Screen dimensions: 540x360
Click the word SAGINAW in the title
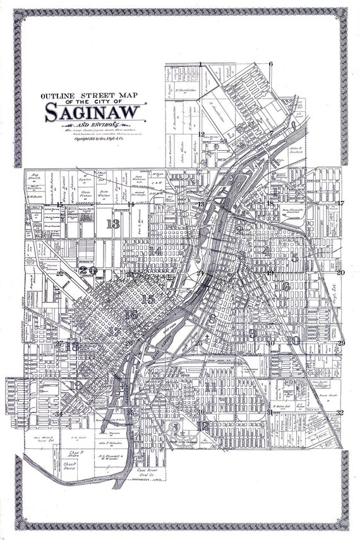click(x=94, y=112)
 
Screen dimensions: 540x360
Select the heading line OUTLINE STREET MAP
click(x=93, y=97)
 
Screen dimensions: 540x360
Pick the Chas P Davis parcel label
click(x=69, y=466)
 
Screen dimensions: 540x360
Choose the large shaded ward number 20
click(x=88, y=270)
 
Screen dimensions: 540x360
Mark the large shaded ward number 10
click(x=292, y=340)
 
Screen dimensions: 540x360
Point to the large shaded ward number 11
click(x=209, y=386)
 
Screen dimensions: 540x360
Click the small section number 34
click(x=58, y=414)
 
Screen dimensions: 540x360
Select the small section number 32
click(x=340, y=412)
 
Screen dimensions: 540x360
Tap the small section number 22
click(x=59, y=273)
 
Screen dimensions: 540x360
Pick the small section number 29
click(x=341, y=342)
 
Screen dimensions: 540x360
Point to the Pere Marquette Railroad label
click(x=293, y=212)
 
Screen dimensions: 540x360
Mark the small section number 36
click(x=200, y=412)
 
